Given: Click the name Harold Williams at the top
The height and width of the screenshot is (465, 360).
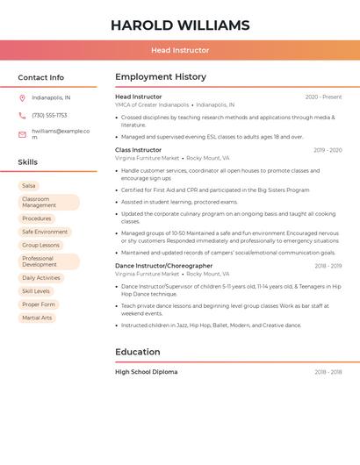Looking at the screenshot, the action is [180, 25].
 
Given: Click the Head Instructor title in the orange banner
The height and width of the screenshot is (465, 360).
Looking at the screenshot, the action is [180, 50].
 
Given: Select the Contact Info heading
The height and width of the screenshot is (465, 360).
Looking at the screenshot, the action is [41, 77].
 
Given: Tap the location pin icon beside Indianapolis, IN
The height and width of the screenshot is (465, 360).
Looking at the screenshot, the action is [22, 97].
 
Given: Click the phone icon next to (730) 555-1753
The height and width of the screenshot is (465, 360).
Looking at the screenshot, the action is [22, 115].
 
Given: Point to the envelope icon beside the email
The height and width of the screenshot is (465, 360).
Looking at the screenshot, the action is [22, 134].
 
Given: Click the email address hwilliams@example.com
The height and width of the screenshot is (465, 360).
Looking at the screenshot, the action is [61, 134].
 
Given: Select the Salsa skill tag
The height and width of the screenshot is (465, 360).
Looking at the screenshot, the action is [29, 186].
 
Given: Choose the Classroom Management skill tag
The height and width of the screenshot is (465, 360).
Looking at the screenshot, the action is [48, 203].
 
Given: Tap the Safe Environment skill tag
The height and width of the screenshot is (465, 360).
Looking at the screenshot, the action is [45, 232].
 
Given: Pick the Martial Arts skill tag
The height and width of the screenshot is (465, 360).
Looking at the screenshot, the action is [37, 318].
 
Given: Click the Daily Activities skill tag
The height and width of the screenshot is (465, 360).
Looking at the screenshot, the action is [41, 277].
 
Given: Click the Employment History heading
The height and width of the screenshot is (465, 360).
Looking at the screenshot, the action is [161, 77].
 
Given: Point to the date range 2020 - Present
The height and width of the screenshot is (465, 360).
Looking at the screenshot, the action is [323, 97].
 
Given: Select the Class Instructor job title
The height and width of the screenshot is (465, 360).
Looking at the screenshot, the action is [139, 150].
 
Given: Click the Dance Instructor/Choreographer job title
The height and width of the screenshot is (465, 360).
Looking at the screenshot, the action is [163, 265].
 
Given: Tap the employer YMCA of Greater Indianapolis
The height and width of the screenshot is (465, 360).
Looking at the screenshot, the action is [152, 104].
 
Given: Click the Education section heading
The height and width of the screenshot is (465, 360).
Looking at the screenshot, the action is [138, 352].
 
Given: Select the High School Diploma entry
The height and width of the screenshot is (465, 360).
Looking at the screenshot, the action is [146, 372].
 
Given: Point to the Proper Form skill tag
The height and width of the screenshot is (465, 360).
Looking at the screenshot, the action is [39, 304].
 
